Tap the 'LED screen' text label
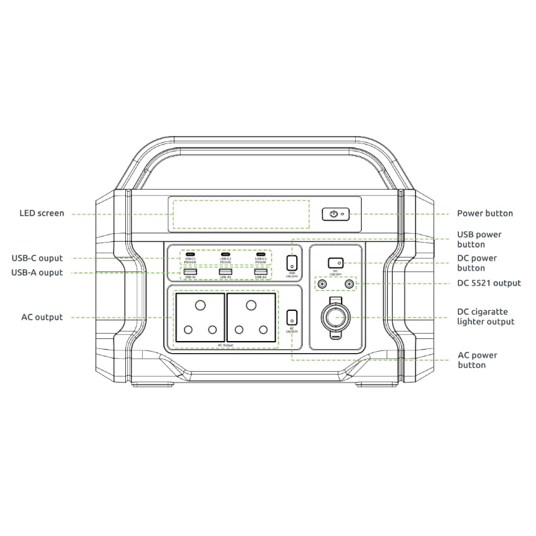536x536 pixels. click(x=42, y=214)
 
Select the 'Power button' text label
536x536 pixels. click(x=484, y=214)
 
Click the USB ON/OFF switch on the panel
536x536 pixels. click(x=292, y=263)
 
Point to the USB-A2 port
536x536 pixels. click(x=225, y=271)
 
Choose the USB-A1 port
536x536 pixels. click(x=190, y=271)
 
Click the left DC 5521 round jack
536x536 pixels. click(x=323, y=284)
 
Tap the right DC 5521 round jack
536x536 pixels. click(x=348, y=284)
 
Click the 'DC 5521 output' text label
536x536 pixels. click(x=488, y=283)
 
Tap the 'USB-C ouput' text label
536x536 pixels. click(x=37, y=258)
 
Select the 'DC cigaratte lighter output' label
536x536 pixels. click(x=486, y=317)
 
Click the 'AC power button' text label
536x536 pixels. click(x=477, y=360)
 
